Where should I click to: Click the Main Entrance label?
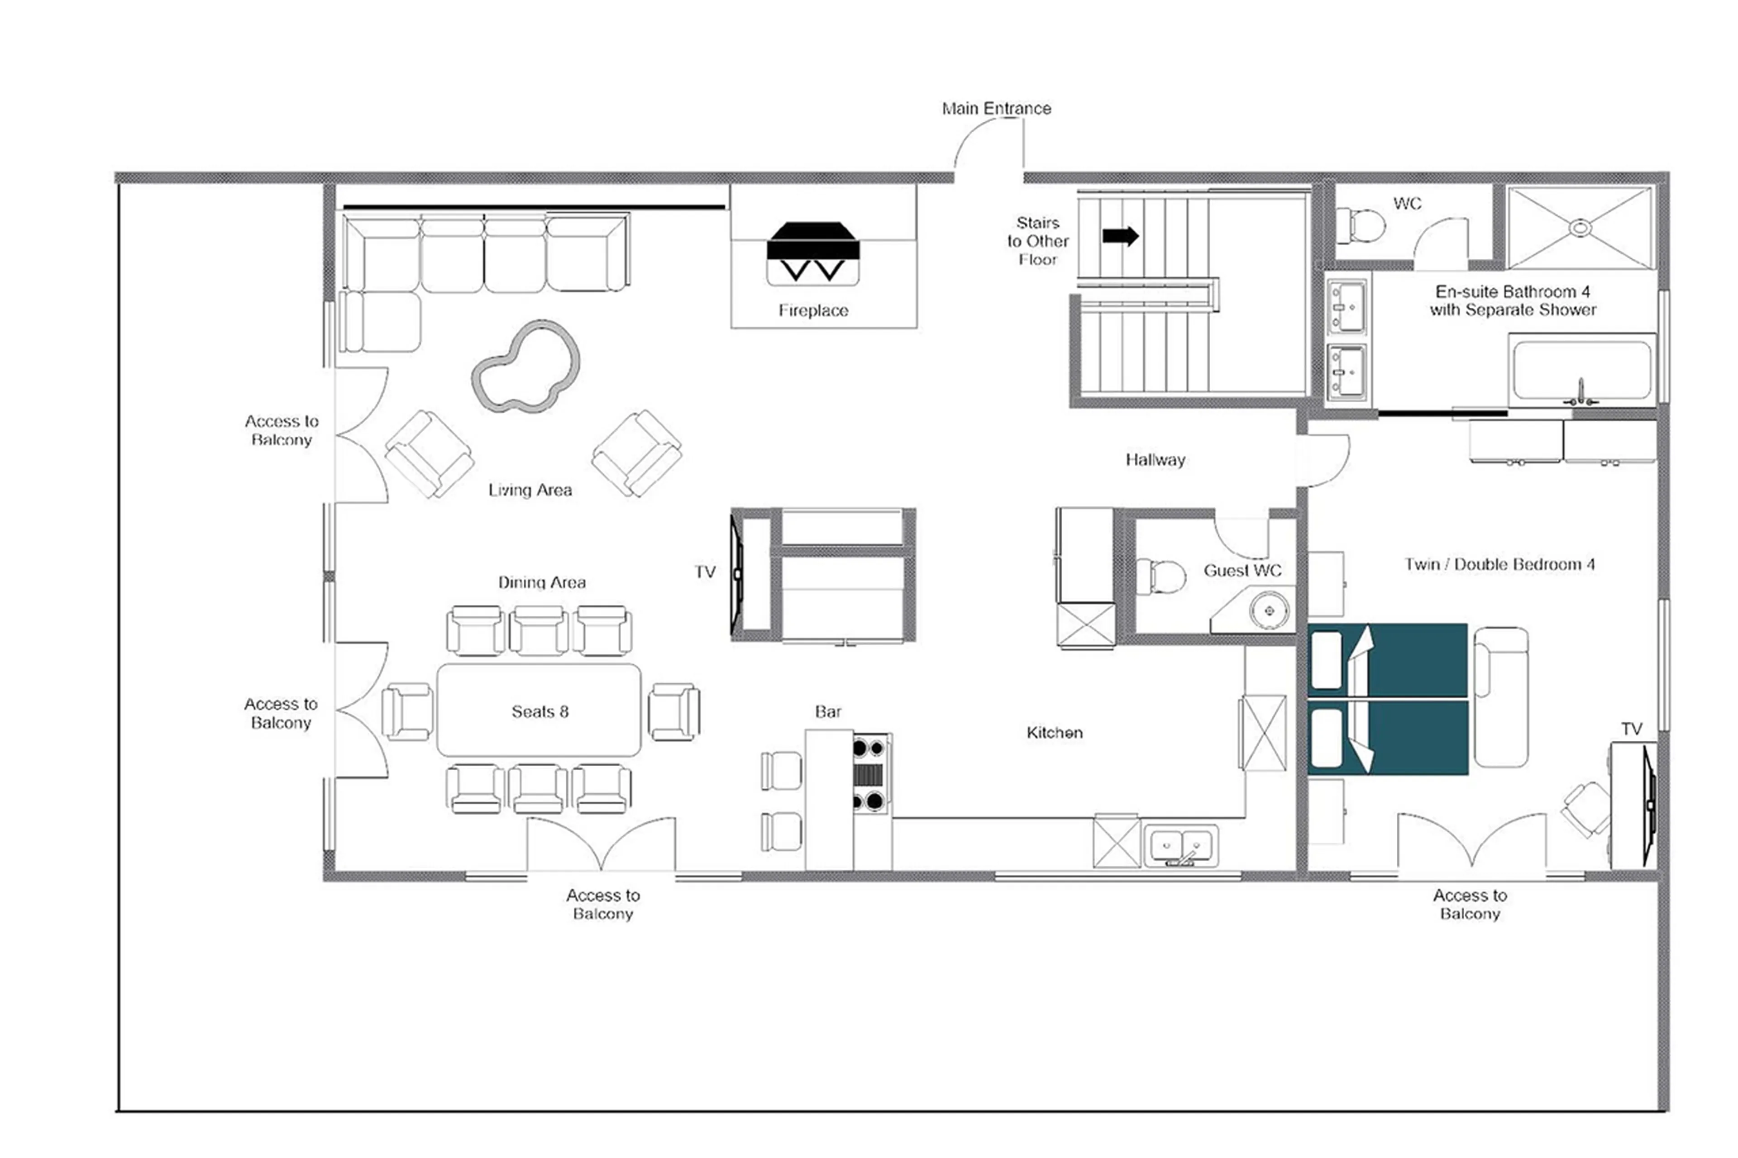[996, 109]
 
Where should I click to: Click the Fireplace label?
[812, 310]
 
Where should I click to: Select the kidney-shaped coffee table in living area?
[525, 366]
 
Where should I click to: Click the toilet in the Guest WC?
[1160, 576]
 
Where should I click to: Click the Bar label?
[827, 711]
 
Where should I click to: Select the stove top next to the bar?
[869, 773]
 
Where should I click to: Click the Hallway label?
[1155, 459]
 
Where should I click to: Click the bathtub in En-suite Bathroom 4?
[1580, 369]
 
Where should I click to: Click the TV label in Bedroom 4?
[1631, 729]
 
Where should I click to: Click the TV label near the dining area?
[705, 572]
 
